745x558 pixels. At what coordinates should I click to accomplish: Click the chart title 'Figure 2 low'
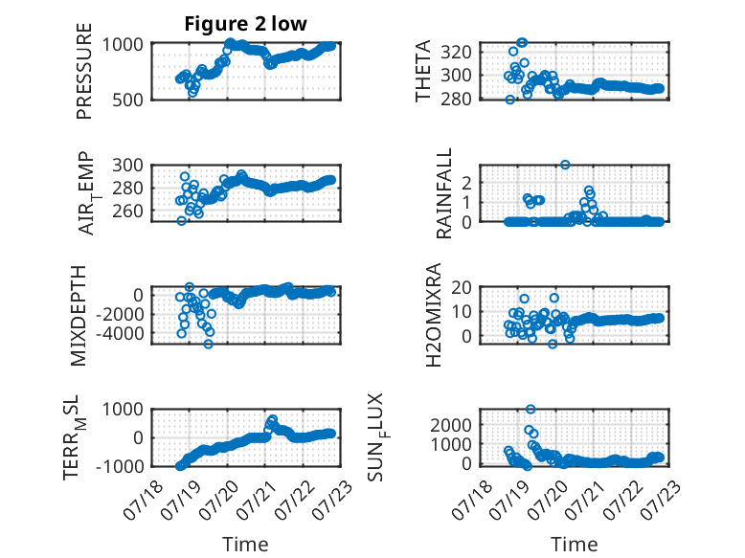(x=246, y=24)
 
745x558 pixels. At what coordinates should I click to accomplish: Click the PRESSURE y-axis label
(x=83, y=71)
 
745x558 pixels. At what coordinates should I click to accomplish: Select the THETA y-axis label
(x=422, y=71)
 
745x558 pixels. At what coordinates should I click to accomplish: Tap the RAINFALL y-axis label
(x=443, y=193)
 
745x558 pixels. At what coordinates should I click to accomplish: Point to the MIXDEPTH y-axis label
(x=79, y=316)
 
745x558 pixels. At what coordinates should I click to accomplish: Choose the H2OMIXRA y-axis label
(x=434, y=315)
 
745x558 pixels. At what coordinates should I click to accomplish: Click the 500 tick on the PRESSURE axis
(x=127, y=100)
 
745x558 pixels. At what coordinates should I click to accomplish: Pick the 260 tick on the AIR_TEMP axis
(x=127, y=211)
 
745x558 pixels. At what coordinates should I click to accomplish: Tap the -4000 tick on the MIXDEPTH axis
(x=120, y=334)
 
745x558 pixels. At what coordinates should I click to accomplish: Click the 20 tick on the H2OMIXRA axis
(x=462, y=287)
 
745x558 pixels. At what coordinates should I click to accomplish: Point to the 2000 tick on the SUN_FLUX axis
(x=451, y=425)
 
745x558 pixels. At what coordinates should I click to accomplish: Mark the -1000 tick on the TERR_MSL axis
(x=120, y=466)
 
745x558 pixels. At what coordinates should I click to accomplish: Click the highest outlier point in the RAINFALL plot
(x=565, y=165)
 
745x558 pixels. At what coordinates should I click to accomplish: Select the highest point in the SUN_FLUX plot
(x=531, y=409)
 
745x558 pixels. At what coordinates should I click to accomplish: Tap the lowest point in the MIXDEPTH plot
(x=208, y=344)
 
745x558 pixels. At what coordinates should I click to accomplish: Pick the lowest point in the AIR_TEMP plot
(x=182, y=220)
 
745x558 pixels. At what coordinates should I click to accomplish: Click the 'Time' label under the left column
(x=245, y=545)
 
